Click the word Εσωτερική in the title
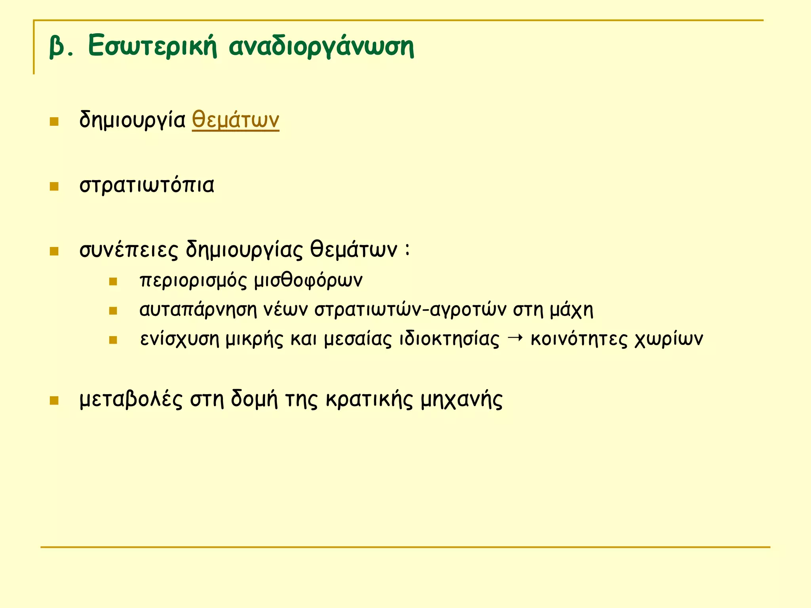click(152, 46)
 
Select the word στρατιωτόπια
click(147, 185)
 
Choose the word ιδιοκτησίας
click(449, 339)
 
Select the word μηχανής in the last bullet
click(461, 400)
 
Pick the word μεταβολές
click(131, 400)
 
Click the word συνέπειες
click(129, 250)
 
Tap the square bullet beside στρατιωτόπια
click(54, 186)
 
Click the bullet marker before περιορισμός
click(113, 281)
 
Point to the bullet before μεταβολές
click(54, 401)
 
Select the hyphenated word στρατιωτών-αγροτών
click(410, 310)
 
